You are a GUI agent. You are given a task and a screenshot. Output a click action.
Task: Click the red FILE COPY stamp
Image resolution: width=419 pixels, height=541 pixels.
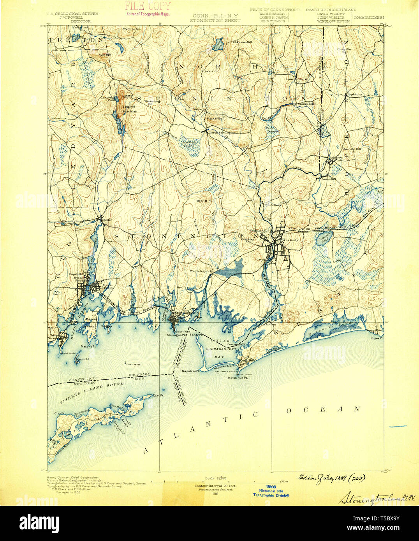pyautogui.click(x=148, y=6)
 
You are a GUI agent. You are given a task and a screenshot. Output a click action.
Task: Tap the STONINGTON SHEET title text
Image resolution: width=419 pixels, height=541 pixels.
pyautogui.click(x=215, y=21)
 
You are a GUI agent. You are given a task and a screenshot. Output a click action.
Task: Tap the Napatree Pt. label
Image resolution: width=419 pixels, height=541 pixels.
pyautogui.click(x=192, y=371)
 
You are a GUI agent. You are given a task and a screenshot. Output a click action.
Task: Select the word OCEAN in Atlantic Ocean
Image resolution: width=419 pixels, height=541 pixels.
pyautogui.click(x=323, y=409)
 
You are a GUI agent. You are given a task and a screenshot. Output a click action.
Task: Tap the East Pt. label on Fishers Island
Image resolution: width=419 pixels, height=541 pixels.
pyautogui.click(x=158, y=395)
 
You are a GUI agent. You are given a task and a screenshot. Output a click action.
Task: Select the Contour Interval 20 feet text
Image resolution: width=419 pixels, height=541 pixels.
pyautogui.click(x=215, y=486)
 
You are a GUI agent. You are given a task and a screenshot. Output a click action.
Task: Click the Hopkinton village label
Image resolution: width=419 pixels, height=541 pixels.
pyautogui.click(x=354, y=95)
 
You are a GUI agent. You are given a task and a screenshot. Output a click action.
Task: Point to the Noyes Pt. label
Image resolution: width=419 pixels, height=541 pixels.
pyautogui.click(x=377, y=338)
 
